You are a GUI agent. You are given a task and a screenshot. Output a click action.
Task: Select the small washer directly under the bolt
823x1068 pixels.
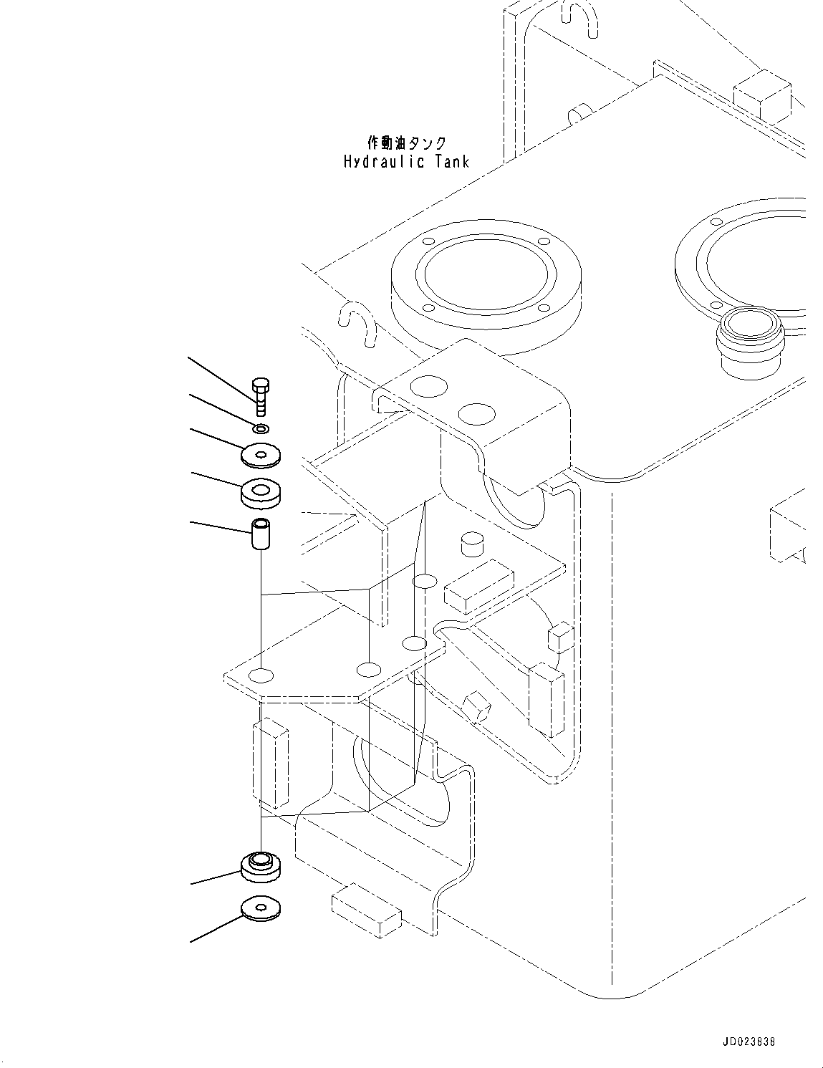(261, 428)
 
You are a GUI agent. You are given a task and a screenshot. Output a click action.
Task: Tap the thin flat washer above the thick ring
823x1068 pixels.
(261, 454)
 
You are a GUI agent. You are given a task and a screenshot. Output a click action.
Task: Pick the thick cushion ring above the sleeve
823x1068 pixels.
(261, 492)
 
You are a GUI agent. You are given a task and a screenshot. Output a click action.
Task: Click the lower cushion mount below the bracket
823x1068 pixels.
(261, 865)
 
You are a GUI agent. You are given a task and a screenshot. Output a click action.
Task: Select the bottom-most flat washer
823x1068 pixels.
(261, 908)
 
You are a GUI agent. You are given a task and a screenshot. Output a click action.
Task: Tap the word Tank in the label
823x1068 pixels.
(452, 161)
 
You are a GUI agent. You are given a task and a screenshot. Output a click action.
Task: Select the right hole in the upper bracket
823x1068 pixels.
(476, 414)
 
